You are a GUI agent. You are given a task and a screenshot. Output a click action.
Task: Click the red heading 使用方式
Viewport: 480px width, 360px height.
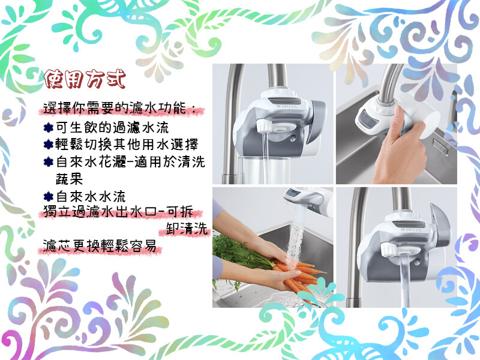click(x=85, y=79)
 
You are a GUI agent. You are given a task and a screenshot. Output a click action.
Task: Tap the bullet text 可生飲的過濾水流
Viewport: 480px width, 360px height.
click(x=112, y=127)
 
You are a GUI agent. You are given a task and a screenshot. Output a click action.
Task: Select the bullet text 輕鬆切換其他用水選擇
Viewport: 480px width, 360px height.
click(x=127, y=144)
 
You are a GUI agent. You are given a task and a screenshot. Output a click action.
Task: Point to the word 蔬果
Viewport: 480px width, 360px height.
click(x=69, y=179)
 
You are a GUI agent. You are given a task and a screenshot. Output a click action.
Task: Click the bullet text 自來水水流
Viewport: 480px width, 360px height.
click(x=91, y=196)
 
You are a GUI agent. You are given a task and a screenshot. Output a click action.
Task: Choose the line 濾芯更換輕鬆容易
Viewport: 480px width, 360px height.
click(x=100, y=245)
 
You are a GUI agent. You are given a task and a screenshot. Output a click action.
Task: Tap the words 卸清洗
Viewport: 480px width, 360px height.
click(x=187, y=229)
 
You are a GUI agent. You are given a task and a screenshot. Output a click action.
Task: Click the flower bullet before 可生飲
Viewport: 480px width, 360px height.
click(x=49, y=128)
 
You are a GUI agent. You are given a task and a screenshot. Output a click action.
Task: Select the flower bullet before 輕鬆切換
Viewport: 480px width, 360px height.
click(x=49, y=145)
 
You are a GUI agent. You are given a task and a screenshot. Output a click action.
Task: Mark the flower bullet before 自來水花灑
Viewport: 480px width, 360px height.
click(x=49, y=161)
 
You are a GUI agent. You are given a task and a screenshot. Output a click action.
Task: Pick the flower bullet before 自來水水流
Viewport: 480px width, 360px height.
click(x=49, y=197)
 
